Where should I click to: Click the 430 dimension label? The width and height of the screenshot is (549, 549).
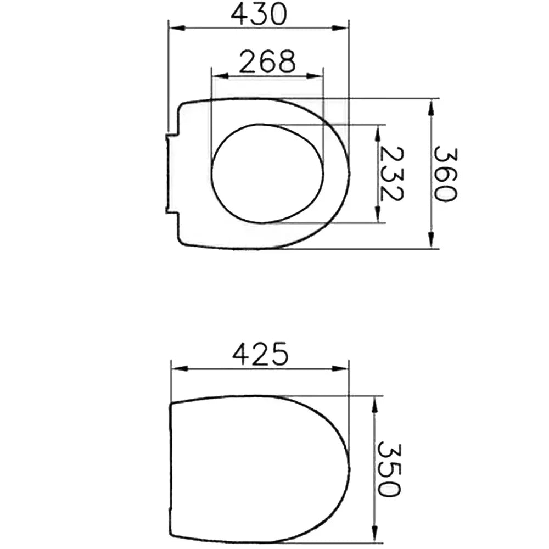click(x=259, y=14)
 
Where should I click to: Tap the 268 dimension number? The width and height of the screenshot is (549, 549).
click(x=267, y=61)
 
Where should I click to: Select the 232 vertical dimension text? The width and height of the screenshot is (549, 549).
click(x=391, y=174)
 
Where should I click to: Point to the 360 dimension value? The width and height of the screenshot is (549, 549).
click(x=445, y=174)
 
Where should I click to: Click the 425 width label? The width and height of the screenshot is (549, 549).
click(x=260, y=354)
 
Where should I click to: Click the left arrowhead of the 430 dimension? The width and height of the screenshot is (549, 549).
click(x=176, y=28)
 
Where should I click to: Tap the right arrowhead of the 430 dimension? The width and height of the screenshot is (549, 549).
click(x=340, y=28)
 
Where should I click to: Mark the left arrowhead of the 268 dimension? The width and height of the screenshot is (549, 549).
click(x=221, y=76)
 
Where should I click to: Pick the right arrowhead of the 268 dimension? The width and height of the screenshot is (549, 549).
click(x=315, y=76)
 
